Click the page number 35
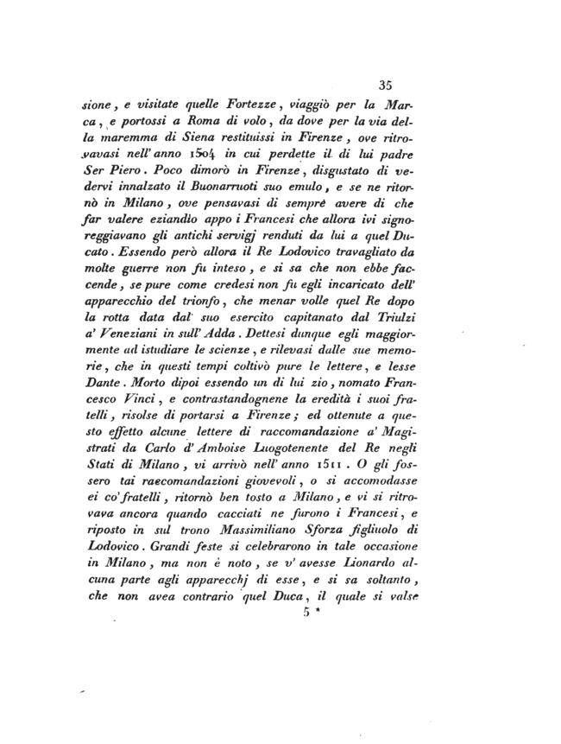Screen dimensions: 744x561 pos(386,85)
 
